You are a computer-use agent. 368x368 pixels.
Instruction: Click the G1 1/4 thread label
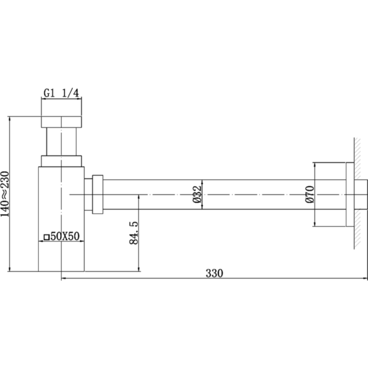point(62,92)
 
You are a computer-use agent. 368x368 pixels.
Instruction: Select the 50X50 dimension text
point(65,236)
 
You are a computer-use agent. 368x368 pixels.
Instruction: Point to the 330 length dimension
point(214,273)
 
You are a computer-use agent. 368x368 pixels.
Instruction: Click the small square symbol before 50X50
point(46,237)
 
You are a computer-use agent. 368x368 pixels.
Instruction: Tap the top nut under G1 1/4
point(61,121)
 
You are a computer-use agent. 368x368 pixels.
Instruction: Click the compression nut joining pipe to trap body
point(98,194)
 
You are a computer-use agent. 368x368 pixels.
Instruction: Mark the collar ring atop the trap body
point(61,161)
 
